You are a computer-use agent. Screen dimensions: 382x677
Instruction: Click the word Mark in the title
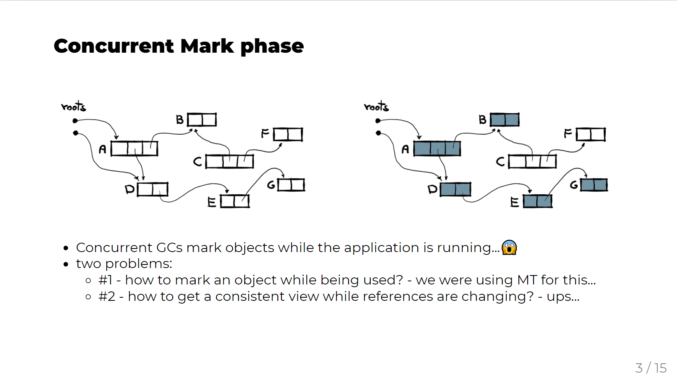(x=207, y=46)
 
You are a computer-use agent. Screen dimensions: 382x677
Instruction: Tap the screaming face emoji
(x=509, y=247)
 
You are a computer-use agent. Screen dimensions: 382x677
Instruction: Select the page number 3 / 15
(x=650, y=368)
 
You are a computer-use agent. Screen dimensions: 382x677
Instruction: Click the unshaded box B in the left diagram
(x=202, y=119)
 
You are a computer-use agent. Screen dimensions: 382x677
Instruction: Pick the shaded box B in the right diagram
(x=505, y=119)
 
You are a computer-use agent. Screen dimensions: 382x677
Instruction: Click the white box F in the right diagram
(x=591, y=135)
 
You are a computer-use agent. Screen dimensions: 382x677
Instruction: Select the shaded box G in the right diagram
(x=594, y=185)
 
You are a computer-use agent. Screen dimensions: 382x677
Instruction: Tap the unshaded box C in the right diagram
(x=532, y=162)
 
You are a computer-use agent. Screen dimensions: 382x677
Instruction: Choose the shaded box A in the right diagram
(x=437, y=149)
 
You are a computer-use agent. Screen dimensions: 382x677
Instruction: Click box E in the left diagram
(x=235, y=201)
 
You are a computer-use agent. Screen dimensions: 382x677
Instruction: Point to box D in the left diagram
(x=153, y=189)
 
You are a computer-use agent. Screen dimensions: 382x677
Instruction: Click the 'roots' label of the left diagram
(x=74, y=107)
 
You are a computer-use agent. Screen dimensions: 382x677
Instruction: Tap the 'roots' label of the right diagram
(x=377, y=107)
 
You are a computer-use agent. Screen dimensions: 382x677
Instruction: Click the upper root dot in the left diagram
(x=75, y=121)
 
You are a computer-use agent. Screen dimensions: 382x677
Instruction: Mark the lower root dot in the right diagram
(x=378, y=133)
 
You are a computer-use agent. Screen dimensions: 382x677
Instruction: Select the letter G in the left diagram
(x=271, y=185)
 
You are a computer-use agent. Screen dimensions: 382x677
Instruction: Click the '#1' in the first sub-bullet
(x=105, y=280)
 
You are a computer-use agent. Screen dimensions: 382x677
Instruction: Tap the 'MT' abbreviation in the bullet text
(x=527, y=280)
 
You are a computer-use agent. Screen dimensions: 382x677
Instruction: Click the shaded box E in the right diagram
(x=538, y=201)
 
